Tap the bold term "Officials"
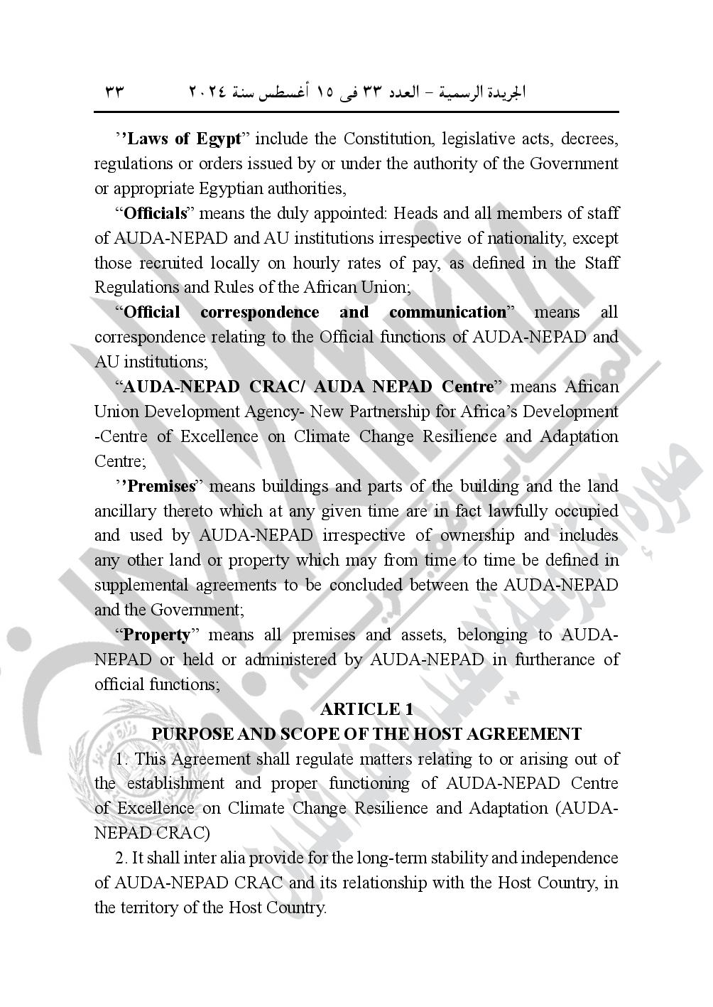pyautogui.click(x=155, y=213)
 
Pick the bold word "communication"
pyautogui.click(x=447, y=312)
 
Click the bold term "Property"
pyautogui.click(x=157, y=635)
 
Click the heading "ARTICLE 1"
pyautogui.click(x=366, y=709)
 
